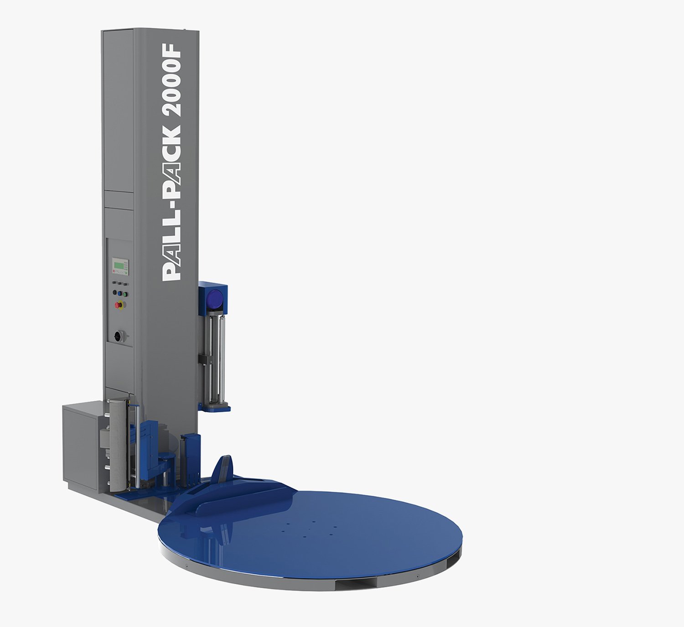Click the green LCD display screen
click(x=118, y=265)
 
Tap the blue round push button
click(x=119, y=293)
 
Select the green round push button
click(x=125, y=294)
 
